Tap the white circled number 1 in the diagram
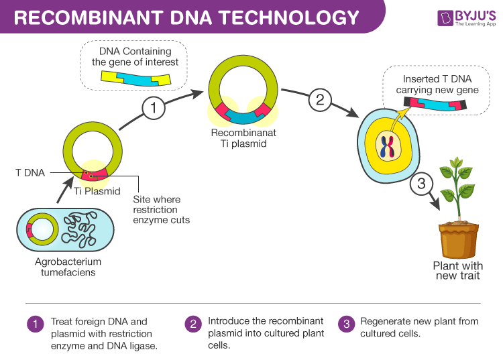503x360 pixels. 153,107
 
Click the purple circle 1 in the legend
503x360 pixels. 34,324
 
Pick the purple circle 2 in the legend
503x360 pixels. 192,324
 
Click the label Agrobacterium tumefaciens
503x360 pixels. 68,266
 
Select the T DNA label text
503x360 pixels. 30,172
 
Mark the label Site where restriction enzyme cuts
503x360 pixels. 162,209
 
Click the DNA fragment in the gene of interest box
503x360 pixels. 135,78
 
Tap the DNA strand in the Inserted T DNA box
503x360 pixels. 436,104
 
